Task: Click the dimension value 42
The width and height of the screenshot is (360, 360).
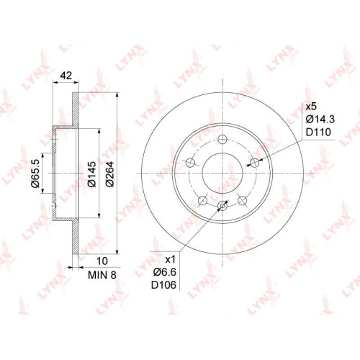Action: pyautogui.click(x=66, y=76)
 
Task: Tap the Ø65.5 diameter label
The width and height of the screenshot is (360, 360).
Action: pyautogui.click(x=35, y=174)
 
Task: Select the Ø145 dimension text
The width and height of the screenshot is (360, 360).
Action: pyautogui.click(x=91, y=174)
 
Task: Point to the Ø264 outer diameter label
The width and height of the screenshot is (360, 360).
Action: pyautogui.click(x=109, y=174)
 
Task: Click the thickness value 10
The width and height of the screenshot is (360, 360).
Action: pyautogui.click(x=102, y=261)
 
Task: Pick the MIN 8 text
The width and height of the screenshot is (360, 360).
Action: pyautogui.click(x=102, y=275)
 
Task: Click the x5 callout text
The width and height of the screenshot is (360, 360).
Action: pyautogui.click(x=311, y=107)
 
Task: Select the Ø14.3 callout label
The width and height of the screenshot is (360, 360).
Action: pyautogui.click(x=320, y=120)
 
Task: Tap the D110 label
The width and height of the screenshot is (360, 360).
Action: pyautogui.click(x=318, y=132)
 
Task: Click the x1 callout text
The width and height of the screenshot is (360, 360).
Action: pyautogui.click(x=171, y=259)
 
